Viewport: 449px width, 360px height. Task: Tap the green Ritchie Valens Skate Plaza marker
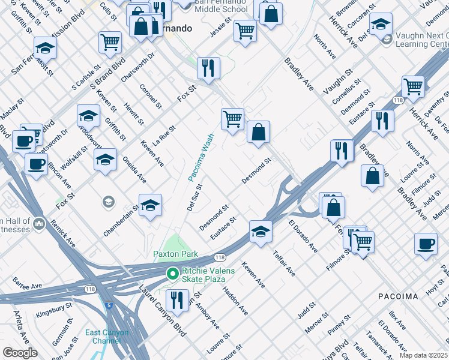173,274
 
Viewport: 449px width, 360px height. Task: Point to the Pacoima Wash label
200,158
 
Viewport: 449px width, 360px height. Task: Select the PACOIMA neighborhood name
398,296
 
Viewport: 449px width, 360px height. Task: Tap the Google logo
20,353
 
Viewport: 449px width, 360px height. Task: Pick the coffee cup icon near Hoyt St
426,244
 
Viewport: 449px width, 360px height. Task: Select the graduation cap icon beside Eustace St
261,231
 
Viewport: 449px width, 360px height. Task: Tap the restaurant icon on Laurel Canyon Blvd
176,299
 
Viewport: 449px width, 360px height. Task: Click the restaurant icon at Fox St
208,67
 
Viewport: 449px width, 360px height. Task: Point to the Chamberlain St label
121,220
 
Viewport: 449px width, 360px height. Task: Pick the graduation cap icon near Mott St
45,47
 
